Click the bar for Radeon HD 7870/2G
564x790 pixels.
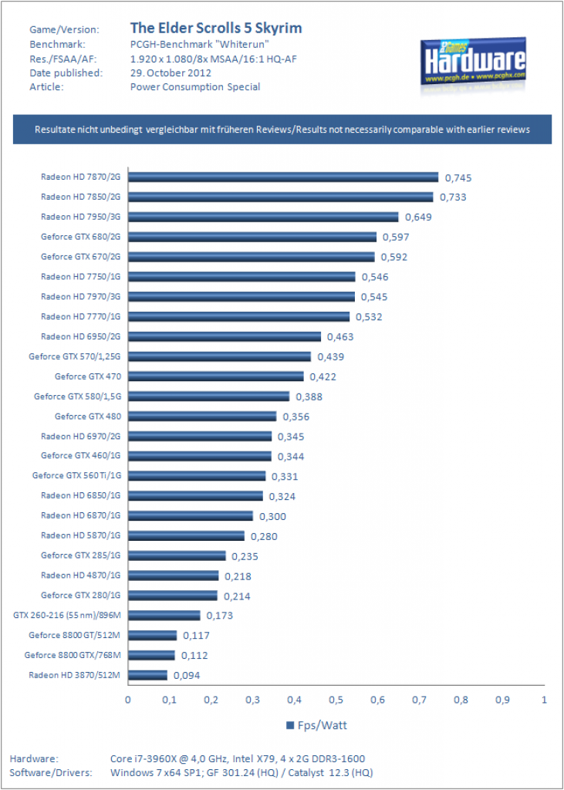pos(282,177)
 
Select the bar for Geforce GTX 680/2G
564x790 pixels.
pos(252,237)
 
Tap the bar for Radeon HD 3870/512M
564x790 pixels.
pos(147,675)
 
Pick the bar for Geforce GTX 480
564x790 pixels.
pos(202,416)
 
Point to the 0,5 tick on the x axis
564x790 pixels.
pos(336,700)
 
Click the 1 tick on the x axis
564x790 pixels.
pos(544,700)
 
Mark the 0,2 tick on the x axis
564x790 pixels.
pos(211,700)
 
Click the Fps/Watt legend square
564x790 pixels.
pos(290,725)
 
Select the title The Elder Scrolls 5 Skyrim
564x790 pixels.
pos(216,28)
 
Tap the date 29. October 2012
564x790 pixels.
pos(171,73)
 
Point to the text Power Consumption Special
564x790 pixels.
pos(195,87)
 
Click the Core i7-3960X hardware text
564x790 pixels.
pos(238,759)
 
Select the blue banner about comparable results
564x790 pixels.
pos(282,130)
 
